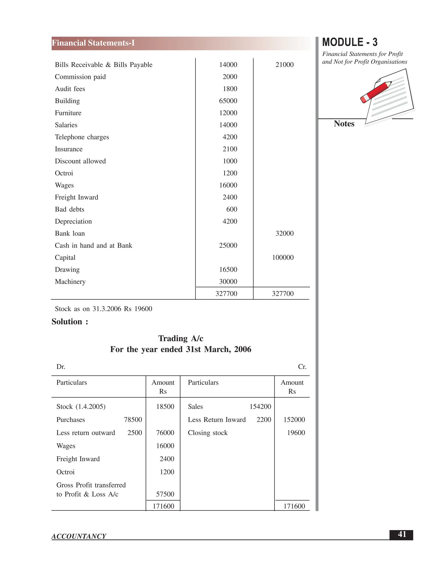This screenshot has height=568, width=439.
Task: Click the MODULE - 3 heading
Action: point(350,42)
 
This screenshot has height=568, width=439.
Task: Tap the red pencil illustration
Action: point(376,92)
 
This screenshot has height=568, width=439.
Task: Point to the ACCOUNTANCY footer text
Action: point(79,536)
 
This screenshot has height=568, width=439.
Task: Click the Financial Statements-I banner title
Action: point(93,43)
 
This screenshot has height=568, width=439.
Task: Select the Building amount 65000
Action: point(228,101)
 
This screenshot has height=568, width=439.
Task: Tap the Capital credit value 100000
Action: point(283,257)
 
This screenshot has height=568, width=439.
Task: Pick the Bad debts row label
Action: point(69,209)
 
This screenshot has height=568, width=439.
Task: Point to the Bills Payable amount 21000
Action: point(284,65)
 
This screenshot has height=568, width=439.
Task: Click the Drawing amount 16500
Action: point(228,270)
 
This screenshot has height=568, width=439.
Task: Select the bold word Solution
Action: point(67,322)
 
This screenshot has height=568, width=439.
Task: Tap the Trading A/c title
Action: point(181,338)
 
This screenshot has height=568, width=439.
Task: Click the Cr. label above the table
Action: point(302,367)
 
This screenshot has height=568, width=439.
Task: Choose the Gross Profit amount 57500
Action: point(165,494)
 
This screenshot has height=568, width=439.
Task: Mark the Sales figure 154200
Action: point(260,406)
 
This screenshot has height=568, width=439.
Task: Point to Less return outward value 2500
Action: point(135,433)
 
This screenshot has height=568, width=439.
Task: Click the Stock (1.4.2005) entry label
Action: point(81,406)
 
